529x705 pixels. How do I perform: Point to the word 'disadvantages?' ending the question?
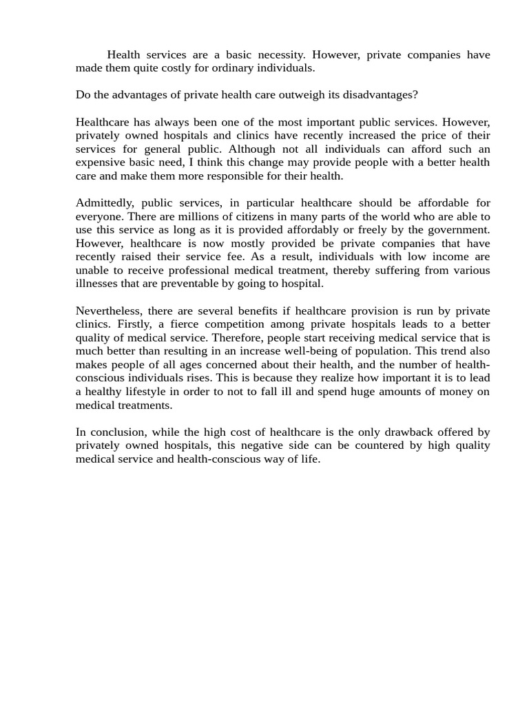pyautogui.click(x=382, y=95)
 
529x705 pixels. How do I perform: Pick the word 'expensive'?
pyautogui.click(x=99, y=162)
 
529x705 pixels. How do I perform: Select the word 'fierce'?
pyautogui.click(x=182, y=324)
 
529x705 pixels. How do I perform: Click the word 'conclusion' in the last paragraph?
pyautogui.click(x=116, y=432)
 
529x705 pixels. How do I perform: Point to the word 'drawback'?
pyautogui.click(x=406, y=432)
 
